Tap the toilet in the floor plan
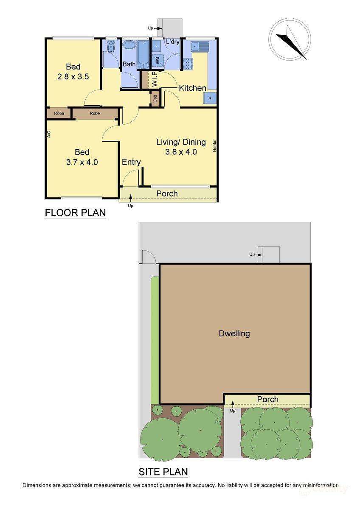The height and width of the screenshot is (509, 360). pos(111,47)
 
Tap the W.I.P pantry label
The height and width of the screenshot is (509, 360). pos(154,80)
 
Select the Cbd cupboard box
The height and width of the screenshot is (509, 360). pos(155,99)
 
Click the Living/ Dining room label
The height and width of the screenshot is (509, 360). pos(181,142)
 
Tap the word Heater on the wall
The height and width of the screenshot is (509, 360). pos(215,145)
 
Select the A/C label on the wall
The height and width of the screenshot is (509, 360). pos(49,134)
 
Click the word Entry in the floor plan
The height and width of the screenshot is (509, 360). pos(131,162)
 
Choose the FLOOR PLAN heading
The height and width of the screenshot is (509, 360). pos(75,213)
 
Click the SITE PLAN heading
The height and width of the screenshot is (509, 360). pos(163,471)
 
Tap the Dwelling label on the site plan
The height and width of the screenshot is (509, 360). pos(234,333)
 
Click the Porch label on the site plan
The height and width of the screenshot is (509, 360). pos(267,399)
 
